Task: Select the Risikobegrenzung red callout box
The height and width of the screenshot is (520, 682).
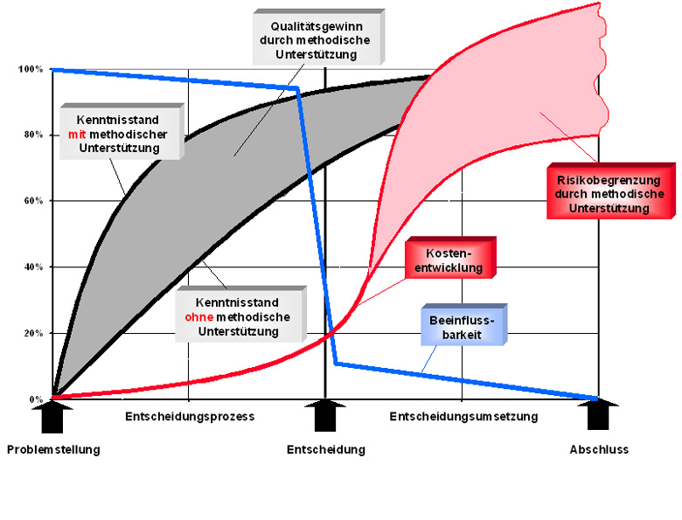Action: [609, 193]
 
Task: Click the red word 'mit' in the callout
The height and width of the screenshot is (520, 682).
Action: [77, 135]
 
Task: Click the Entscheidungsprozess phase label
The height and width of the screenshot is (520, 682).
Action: [190, 417]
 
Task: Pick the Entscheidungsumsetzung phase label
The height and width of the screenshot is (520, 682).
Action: [463, 417]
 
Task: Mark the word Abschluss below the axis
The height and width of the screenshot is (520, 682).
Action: [599, 450]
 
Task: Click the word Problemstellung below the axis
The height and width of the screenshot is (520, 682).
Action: [53, 450]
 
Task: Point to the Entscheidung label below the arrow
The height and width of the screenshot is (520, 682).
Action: [326, 450]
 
